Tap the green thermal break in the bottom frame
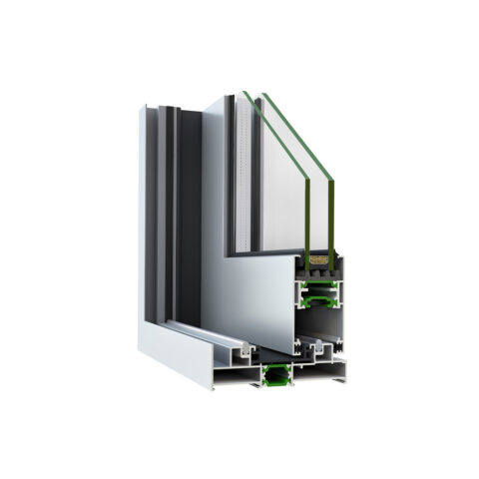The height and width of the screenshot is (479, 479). coord(273,375)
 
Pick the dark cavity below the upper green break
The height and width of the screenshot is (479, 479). coord(317,324)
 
